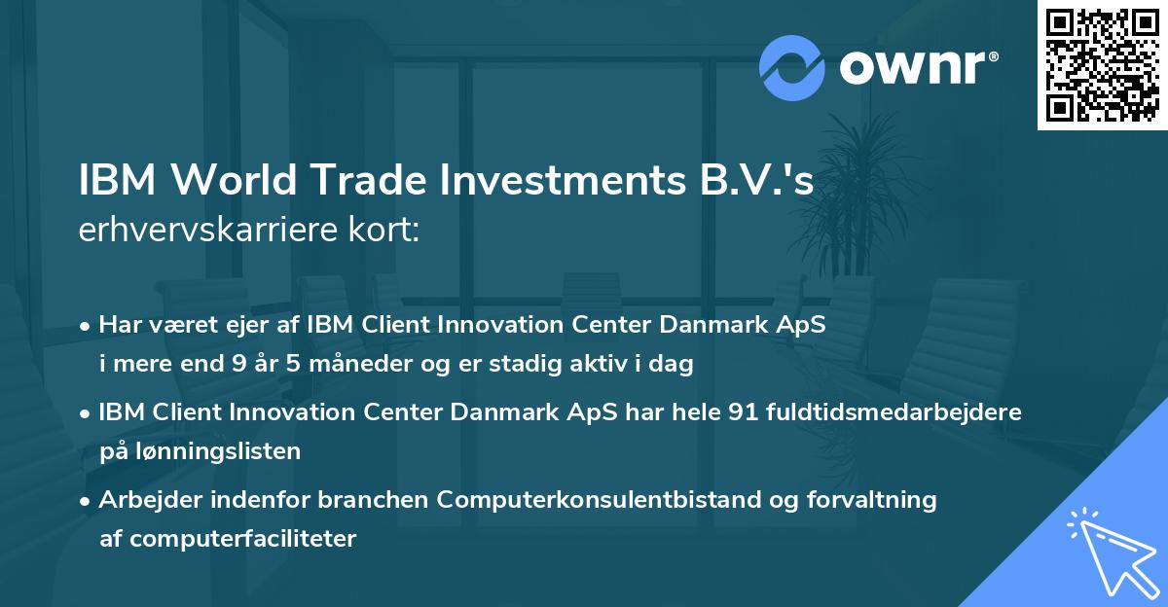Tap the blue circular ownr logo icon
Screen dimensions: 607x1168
792,68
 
